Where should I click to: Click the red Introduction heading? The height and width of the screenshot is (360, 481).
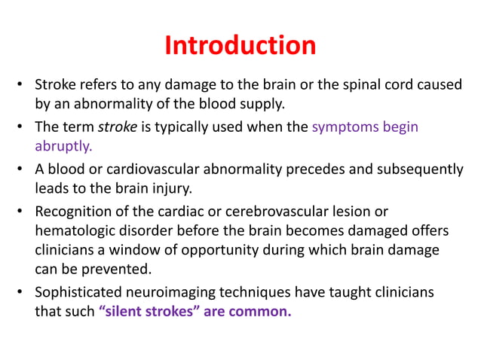[x=240, y=45]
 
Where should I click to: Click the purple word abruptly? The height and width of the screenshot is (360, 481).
[x=64, y=145]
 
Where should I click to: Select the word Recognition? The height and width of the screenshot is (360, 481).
[x=75, y=212]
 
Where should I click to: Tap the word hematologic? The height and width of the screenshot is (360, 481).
[x=75, y=230]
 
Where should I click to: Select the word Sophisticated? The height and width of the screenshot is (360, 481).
[x=78, y=292]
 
